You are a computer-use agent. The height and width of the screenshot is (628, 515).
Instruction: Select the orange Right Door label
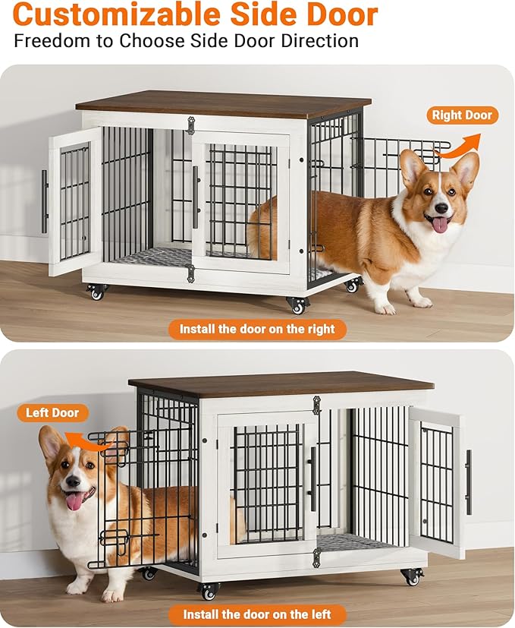click(462, 115)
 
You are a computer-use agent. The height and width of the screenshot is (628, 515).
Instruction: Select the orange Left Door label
click(52, 413)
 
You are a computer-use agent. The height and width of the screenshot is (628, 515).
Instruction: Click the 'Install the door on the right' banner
click(258, 329)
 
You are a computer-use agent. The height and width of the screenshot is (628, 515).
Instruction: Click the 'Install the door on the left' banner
click(258, 614)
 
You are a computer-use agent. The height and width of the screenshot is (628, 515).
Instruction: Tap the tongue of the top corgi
click(440, 225)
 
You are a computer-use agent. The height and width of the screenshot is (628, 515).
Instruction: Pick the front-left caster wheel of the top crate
click(96, 292)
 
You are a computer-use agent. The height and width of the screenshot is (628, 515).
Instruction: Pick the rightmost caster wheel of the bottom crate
click(413, 576)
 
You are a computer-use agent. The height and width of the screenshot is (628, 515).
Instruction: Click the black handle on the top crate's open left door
click(45, 201)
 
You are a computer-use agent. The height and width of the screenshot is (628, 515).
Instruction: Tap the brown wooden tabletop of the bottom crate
click(281, 383)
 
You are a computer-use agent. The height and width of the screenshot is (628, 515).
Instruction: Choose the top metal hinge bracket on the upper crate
click(190, 125)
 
